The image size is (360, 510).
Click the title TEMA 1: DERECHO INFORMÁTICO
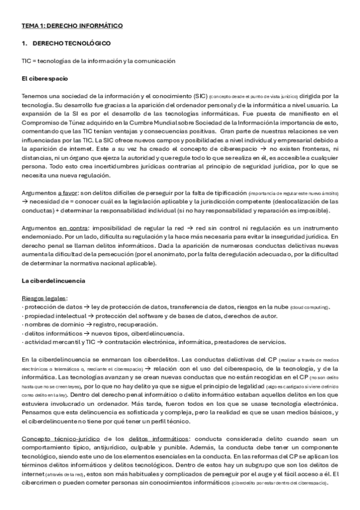(72, 26)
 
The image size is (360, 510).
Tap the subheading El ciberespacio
(44, 78)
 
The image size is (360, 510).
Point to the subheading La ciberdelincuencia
(53, 281)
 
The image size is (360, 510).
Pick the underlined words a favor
(71, 192)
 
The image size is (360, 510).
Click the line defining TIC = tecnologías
(98, 61)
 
